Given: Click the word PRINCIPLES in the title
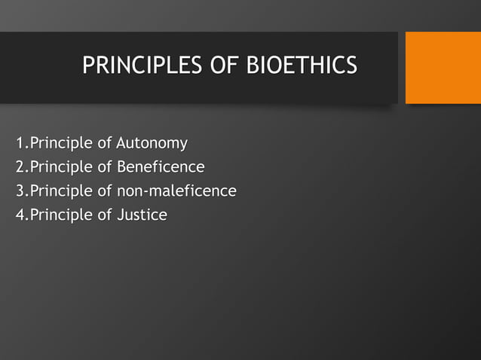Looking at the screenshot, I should [141, 66].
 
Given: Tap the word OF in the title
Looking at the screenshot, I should [223, 66].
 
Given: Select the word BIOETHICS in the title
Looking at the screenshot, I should [302, 66].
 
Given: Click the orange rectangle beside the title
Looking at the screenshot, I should [443, 68].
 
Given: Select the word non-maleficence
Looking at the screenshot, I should [176, 191].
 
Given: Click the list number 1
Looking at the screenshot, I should [20, 143].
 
